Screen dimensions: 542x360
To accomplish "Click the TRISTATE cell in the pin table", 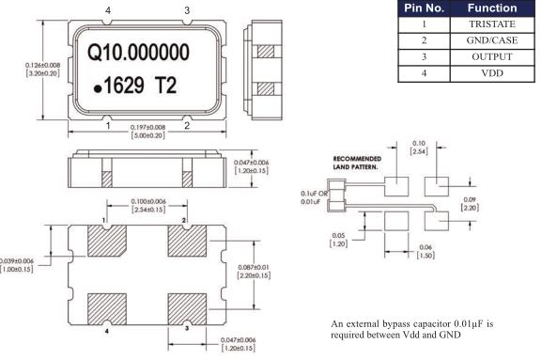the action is pyautogui.click(x=492, y=24).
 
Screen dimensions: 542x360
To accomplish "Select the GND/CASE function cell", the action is pyautogui.click(x=492, y=40).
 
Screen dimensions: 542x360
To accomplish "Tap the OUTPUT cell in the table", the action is pyautogui.click(x=492, y=56).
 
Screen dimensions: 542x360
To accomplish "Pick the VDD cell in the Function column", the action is pyautogui.click(x=492, y=73).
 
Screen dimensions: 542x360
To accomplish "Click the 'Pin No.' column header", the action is pyautogui.click(x=425, y=8).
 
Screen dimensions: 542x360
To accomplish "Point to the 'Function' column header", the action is pyautogui.click(x=492, y=8).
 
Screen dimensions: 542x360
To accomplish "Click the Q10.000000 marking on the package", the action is pyautogui.click(x=138, y=53).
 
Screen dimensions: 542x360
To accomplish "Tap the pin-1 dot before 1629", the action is pyautogui.click(x=98, y=89).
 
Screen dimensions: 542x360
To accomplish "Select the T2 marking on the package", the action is pyautogui.click(x=165, y=86).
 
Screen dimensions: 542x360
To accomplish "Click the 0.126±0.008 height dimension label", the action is pyautogui.click(x=42, y=65).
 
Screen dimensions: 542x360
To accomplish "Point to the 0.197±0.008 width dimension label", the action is pyautogui.click(x=147, y=127).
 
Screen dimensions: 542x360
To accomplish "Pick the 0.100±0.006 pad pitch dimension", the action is pyautogui.click(x=148, y=201).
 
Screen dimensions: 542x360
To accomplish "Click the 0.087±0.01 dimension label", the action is pyautogui.click(x=254, y=267).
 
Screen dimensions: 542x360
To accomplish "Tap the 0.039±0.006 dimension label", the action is pyautogui.click(x=17, y=261).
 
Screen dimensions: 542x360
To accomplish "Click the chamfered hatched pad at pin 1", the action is pyautogui.click(x=107, y=241).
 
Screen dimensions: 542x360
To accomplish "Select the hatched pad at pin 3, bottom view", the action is pyautogui.click(x=187, y=309).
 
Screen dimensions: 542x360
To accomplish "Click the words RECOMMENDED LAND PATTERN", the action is pyautogui.click(x=357, y=163).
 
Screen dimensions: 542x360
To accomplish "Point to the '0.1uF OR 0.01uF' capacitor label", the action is pyautogui.click(x=314, y=197).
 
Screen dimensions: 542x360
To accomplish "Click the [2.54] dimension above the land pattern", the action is pyautogui.click(x=419, y=151).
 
